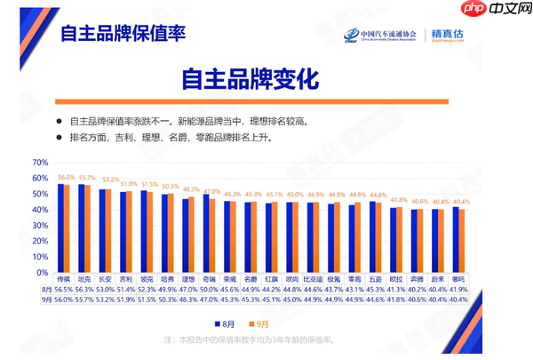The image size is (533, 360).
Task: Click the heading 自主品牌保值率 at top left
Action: point(122,35)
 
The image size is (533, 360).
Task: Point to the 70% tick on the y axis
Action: point(40,163)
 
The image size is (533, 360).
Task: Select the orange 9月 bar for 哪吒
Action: point(463,241)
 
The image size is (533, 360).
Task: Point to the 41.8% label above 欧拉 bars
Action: point(399,200)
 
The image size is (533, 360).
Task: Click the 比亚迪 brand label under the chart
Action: point(314,278)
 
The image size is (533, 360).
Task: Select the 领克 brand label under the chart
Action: point(147,278)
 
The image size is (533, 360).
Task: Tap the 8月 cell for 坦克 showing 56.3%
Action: point(84,289)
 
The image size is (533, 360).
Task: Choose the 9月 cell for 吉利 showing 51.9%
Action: point(125,300)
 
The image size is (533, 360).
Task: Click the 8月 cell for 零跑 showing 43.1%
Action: point(355,289)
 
